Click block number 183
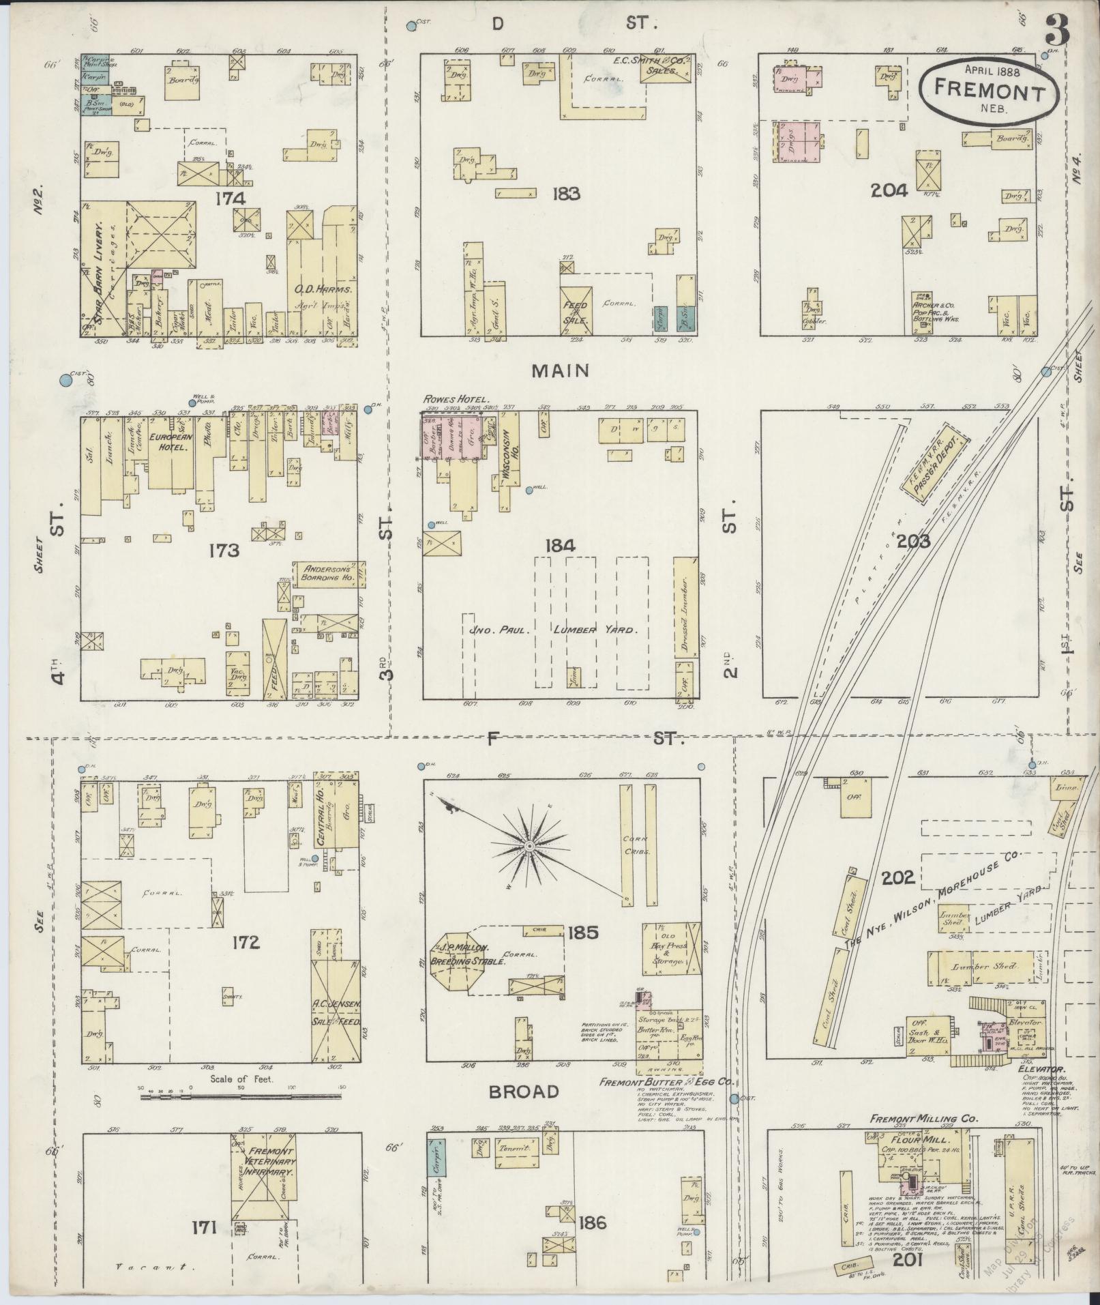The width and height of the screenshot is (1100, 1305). pos(567,194)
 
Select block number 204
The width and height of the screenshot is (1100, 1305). pos(889,191)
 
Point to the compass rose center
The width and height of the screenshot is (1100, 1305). pos(529,847)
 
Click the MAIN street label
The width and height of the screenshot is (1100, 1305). pos(560,370)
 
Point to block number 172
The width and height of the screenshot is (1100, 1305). pos(246,942)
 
